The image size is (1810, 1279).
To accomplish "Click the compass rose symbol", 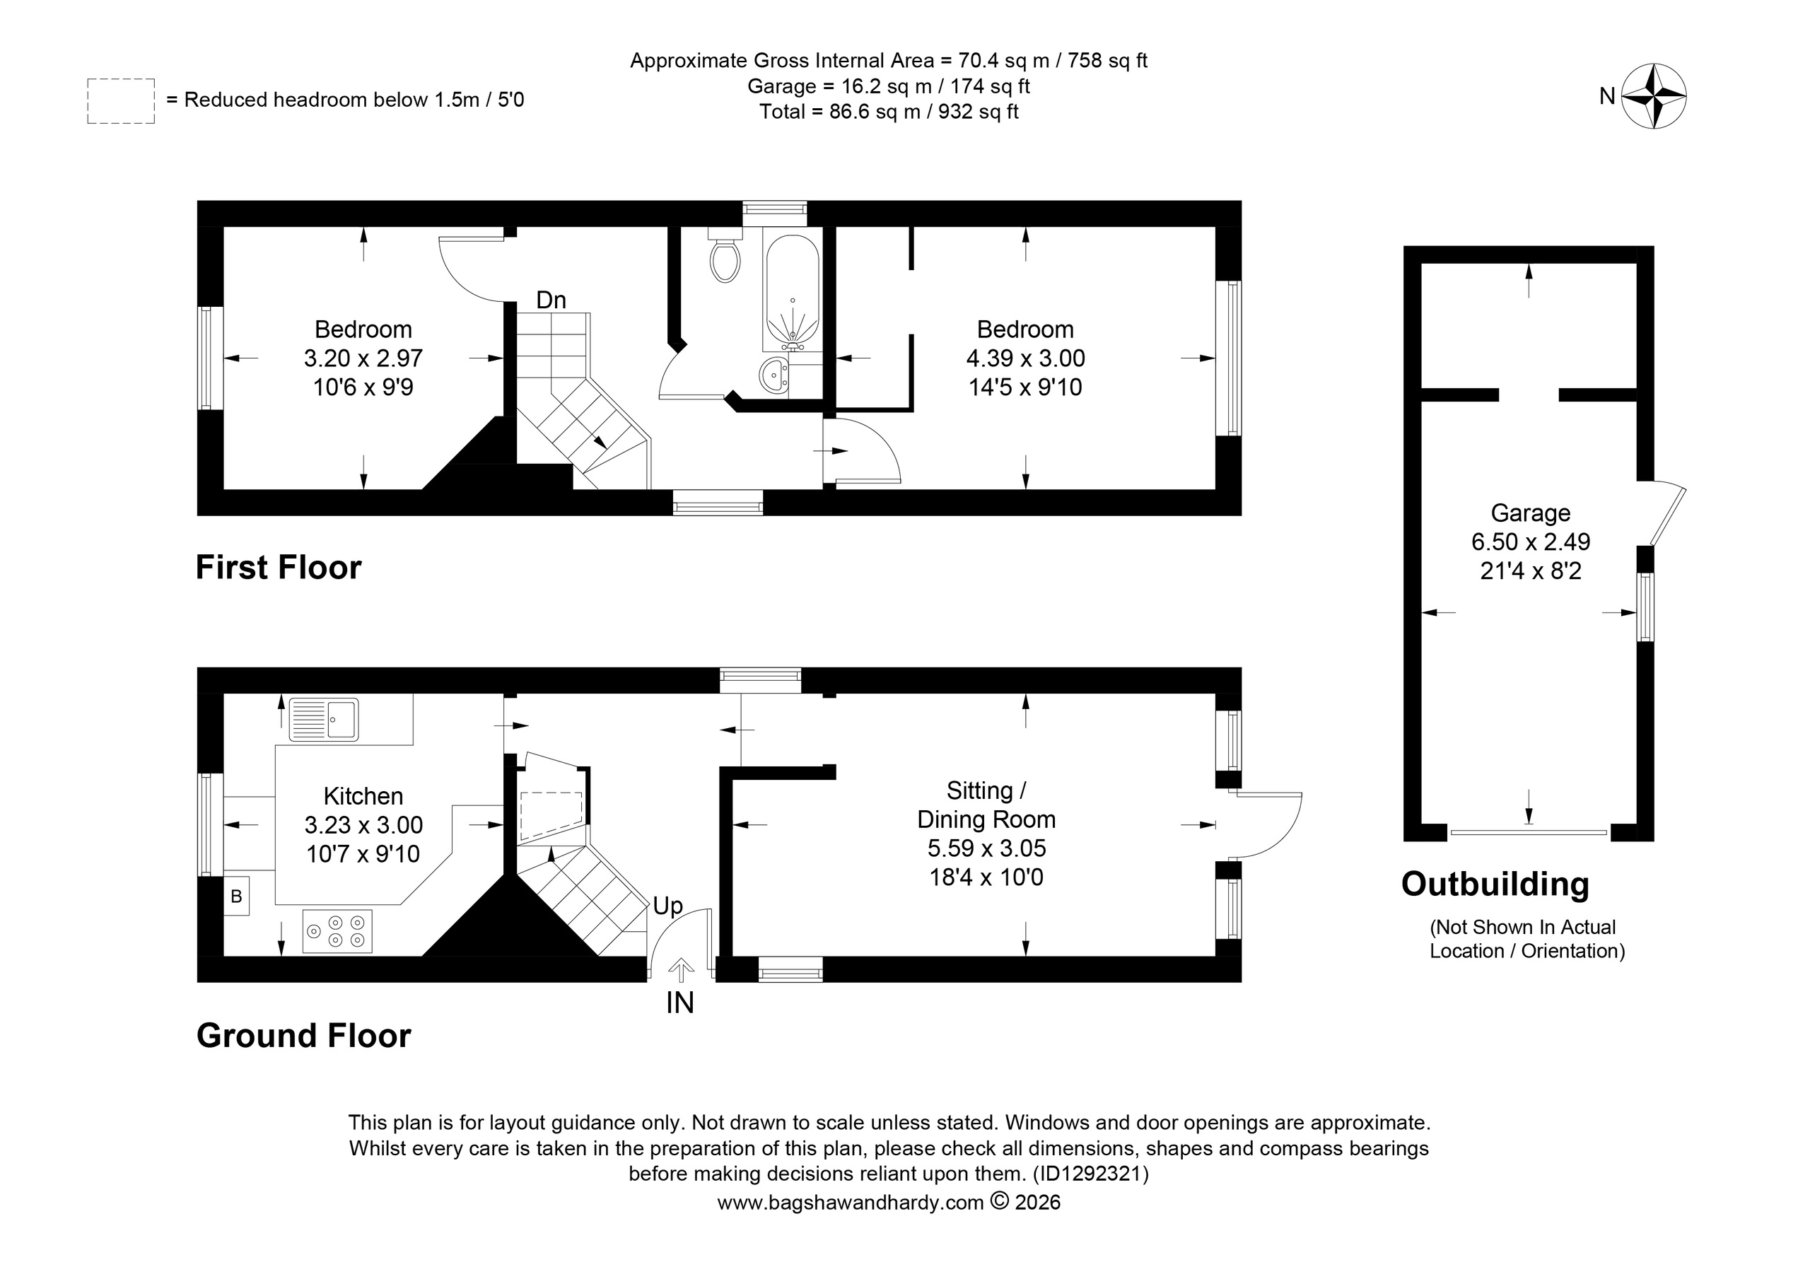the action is point(1653,96).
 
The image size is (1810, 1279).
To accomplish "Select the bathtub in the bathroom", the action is point(791,293).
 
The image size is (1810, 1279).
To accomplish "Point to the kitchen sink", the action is point(324,719).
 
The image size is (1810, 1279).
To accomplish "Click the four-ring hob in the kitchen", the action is point(337,931).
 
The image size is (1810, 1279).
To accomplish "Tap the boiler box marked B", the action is point(235,896).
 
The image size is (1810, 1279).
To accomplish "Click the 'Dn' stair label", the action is point(551,300).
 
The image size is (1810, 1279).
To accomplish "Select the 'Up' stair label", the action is point(667,907).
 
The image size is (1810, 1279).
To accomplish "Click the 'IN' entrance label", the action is point(680,1003).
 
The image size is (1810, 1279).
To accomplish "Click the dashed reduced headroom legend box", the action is point(121,101).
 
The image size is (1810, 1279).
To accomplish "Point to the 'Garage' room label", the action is point(1530,513).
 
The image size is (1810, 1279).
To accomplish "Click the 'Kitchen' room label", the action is point(363,796).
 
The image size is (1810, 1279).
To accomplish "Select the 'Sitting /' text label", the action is point(986,790).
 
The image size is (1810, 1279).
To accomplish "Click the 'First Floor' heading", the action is point(279,568).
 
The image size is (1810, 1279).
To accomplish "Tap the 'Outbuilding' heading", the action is point(1495,884).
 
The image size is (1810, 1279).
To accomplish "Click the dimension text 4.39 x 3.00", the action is point(1026,358).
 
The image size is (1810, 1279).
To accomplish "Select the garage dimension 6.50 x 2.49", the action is point(1530,542).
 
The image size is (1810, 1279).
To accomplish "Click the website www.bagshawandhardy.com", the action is point(851,1203).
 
